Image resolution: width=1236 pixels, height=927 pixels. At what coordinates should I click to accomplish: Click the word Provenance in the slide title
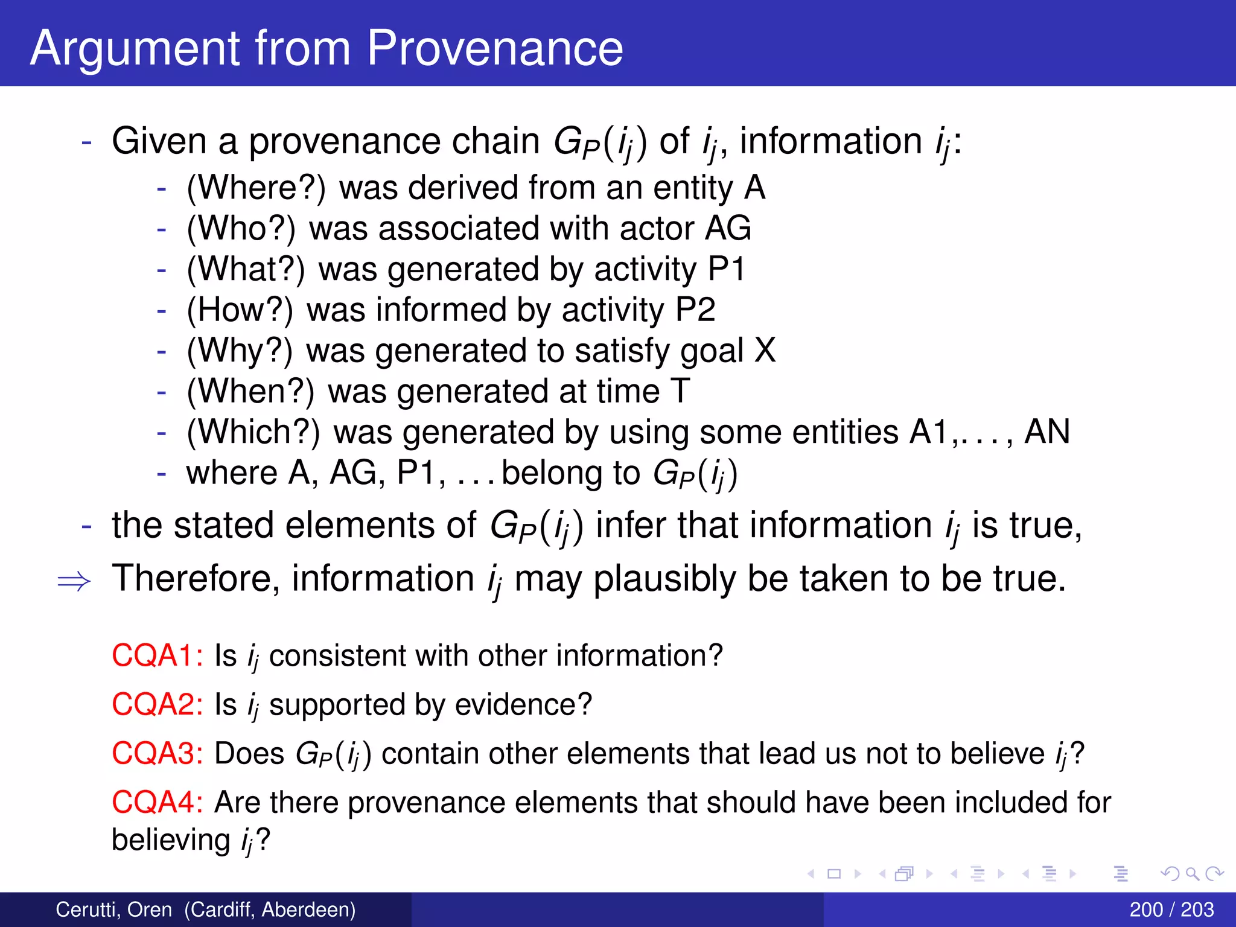[495, 48]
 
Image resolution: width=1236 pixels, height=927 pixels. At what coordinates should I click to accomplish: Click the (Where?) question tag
[256, 188]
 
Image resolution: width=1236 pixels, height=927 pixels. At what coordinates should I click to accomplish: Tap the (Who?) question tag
[241, 229]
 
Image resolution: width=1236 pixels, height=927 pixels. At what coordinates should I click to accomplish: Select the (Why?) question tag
[240, 351]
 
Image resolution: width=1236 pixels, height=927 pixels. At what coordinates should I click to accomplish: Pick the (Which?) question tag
[253, 432]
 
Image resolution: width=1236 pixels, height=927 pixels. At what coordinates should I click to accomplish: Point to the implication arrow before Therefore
[74, 581]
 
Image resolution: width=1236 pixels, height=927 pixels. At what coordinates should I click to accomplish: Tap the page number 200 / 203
[1171, 909]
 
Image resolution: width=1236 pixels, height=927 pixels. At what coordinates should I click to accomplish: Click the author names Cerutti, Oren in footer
[113, 909]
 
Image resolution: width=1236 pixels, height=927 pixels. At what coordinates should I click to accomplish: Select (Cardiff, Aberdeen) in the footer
[270, 909]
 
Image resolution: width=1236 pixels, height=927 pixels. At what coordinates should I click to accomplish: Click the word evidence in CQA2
[523, 704]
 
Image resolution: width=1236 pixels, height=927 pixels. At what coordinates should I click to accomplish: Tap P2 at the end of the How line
[695, 310]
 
